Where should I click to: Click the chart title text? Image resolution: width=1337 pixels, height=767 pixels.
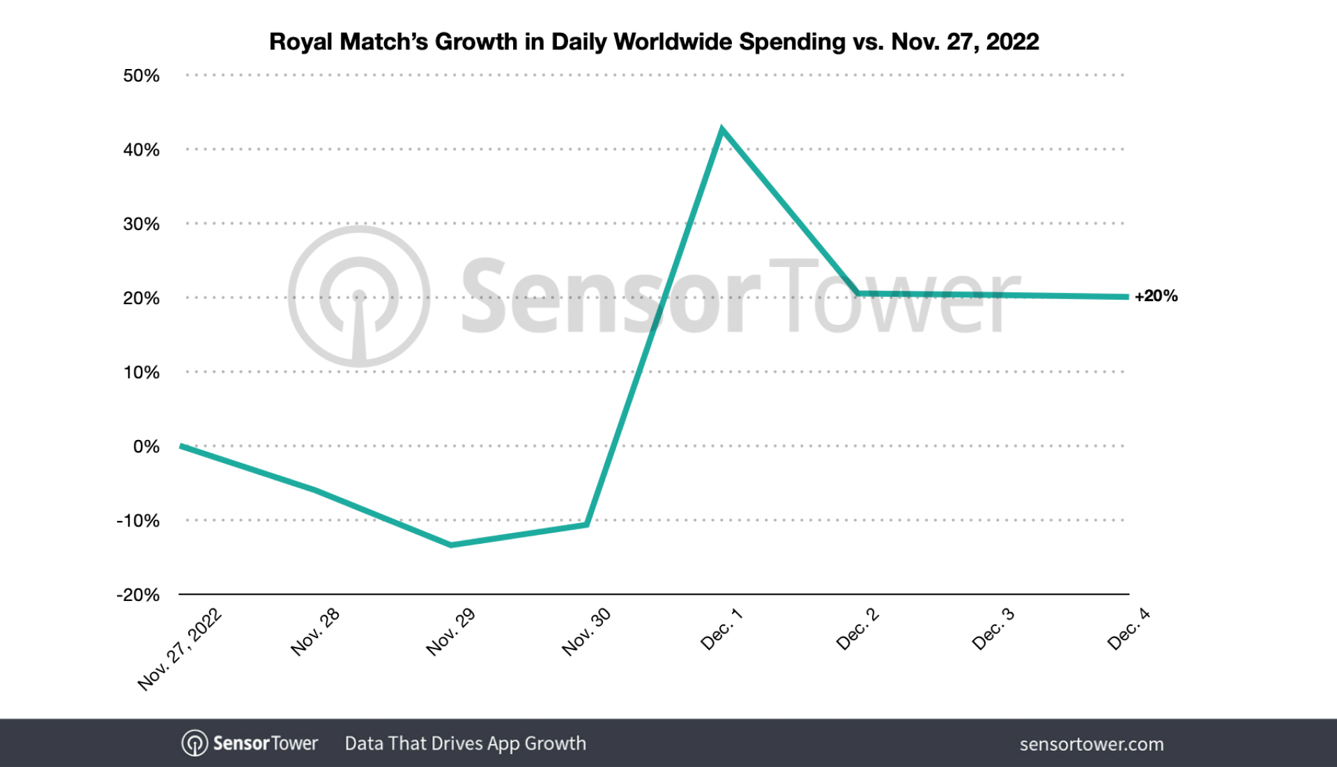(x=653, y=42)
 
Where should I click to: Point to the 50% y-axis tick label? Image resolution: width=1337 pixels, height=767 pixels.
(x=141, y=75)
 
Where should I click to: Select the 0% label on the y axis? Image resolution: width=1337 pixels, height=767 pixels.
(x=146, y=446)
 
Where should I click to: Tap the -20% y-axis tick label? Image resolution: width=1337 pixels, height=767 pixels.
(x=138, y=595)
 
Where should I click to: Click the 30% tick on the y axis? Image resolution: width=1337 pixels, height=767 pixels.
(x=141, y=224)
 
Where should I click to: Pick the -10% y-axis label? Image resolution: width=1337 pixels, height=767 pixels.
(x=138, y=521)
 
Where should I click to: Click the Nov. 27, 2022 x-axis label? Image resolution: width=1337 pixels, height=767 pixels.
(x=180, y=649)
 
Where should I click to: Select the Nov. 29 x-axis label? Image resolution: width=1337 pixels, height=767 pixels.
(x=450, y=632)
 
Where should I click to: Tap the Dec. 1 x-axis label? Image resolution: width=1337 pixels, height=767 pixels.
(x=721, y=629)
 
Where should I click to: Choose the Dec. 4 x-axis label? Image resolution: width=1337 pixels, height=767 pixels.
(x=1128, y=629)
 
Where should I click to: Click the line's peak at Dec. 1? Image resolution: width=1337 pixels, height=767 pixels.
(x=722, y=129)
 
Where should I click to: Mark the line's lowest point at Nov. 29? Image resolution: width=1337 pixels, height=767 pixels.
(x=451, y=545)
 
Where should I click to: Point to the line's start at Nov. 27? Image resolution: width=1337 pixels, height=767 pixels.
(x=181, y=446)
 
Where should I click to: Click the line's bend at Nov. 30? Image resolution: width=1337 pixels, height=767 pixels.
(x=587, y=524)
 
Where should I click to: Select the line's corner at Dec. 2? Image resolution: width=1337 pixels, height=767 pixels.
(x=858, y=294)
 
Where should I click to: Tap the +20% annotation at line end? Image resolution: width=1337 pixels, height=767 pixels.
(x=1156, y=296)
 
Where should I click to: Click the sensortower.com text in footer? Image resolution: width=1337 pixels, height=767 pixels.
(x=1091, y=744)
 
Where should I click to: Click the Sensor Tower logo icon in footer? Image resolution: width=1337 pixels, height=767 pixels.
(x=194, y=743)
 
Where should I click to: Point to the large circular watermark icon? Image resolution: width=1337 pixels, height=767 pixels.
(x=359, y=296)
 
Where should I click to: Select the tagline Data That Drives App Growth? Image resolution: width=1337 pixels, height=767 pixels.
(x=465, y=743)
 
